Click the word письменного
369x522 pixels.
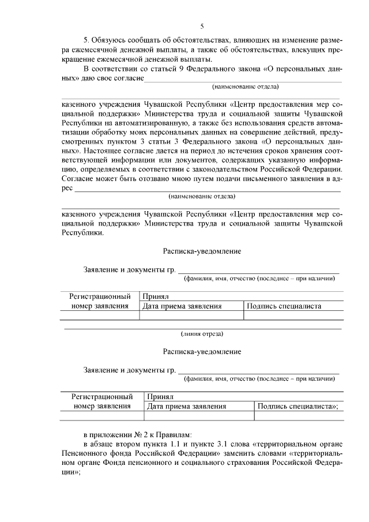[x=262, y=178]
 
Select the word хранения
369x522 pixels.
[x=295, y=151]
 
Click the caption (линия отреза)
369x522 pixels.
[x=202, y=333]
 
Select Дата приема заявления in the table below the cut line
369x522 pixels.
[x=186, y=407]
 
